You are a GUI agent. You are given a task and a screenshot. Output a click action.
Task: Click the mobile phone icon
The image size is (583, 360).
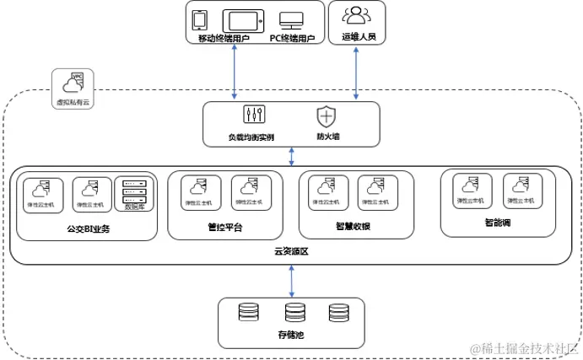201,19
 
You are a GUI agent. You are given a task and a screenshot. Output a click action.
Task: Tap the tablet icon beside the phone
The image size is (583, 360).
243,19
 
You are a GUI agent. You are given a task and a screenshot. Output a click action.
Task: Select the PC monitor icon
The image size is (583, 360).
292,19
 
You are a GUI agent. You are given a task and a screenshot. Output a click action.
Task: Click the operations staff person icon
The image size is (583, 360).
358,15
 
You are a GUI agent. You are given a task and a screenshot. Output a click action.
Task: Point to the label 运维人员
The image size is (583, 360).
358,38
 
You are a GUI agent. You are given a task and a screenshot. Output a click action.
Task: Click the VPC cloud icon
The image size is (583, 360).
73,82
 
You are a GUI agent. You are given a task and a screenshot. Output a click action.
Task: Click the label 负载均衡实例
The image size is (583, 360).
251,136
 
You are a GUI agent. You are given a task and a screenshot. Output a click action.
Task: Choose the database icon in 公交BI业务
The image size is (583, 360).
134,189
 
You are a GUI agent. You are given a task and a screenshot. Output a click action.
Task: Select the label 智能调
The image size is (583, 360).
498,223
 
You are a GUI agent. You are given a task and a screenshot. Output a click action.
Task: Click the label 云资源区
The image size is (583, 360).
291,250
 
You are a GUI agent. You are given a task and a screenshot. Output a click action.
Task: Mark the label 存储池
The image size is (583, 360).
291,335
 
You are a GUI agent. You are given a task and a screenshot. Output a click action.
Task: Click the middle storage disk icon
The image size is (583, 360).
294,313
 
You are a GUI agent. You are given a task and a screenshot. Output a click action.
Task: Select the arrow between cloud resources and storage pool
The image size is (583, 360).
292,279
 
